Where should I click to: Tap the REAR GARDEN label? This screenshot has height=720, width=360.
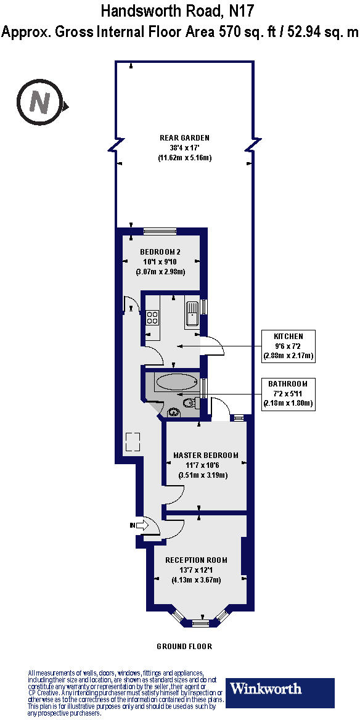pyautogui.click(x=185, y=137)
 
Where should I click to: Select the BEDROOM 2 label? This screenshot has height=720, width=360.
pyautogui.click(x=160, y=252)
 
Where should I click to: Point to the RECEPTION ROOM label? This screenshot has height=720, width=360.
pyautogui.click(x=196, y=560)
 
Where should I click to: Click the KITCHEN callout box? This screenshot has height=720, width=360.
pyautogui.click(x=288, y=346)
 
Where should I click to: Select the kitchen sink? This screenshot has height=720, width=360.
pyautogui.click(x=191, y=313)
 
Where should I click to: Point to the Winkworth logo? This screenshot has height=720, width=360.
pyautogui.click(x=281, y=693)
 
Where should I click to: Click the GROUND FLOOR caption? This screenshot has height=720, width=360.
pyautogui.click(x=184, y=647)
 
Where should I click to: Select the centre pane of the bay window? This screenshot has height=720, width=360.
pyautogui.click(x=200, y=623)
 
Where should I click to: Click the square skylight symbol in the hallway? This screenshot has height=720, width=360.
pyautogui.click(x=133, y=441)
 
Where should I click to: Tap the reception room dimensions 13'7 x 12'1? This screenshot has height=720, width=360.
pyautogui.click(x=196, y=570)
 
